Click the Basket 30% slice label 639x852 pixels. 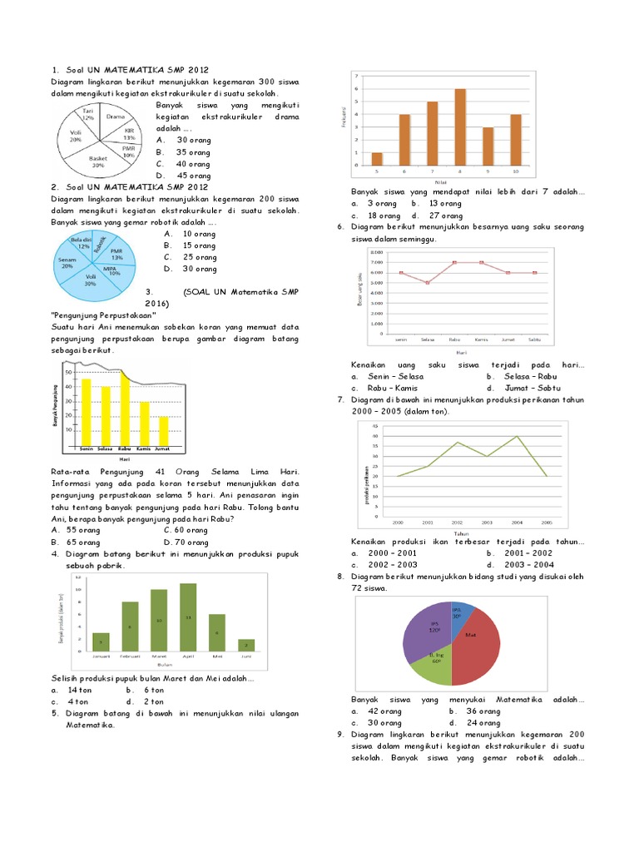(97, 161)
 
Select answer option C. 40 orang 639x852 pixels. (183, 164)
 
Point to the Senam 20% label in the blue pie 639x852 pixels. (68, 262)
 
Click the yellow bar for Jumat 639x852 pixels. (163, 431)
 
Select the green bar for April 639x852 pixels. (187, 617)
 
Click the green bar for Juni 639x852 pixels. (245, 644)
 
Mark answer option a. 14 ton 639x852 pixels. (73, 690)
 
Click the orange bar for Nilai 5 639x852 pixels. (377, 158)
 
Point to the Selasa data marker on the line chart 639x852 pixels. (427, 283)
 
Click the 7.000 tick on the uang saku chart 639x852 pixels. (376, 262)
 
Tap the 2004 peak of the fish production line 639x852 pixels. (517, 436)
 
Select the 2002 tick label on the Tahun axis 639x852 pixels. (458, 523)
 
